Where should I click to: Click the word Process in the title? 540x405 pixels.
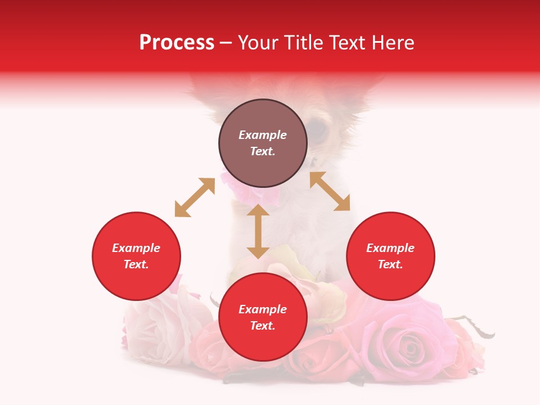point(177,43)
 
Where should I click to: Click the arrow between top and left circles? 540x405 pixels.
point(195,197)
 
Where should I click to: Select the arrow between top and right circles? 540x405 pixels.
point(330,191)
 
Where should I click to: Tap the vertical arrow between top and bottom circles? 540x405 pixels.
point(258,231)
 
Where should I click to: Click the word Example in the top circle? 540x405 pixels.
point(263,135)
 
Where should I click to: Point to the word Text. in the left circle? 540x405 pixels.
point(136,264)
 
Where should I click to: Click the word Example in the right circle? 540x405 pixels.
point(390,248)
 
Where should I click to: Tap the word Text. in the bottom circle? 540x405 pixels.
point(263,326)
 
